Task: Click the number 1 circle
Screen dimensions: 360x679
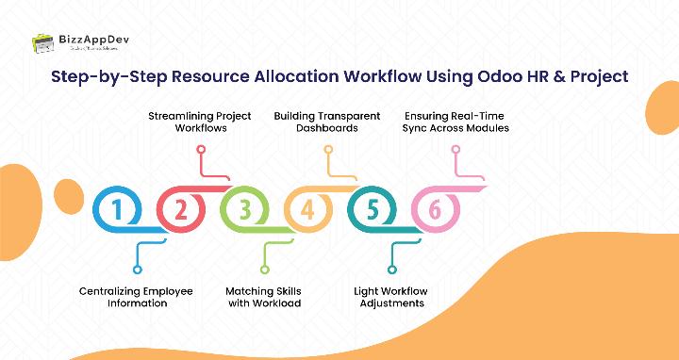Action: pyautogui.click(x=117, y=210)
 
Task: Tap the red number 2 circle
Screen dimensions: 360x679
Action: pyautogui.click(x=181, y=210)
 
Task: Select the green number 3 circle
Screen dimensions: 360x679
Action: pyautogui.click(x=244, y=210)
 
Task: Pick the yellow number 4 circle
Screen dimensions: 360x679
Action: pyautogui.click(x=308, y=210)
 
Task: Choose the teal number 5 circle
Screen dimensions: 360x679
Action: pyautogui.click(x=373, y=210)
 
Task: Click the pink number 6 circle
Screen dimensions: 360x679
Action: pyautogui.click(x=436, y=210)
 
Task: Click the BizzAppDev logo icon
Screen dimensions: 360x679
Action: pyautogui.click(x=42, y=42)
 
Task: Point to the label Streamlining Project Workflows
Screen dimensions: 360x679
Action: pyautogui.click(x=200, y=122)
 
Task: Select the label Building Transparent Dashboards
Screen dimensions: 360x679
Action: pyautogui.click(x=327, y=122)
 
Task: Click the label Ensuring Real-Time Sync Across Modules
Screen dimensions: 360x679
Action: pyautogui.click(x=455, y=122)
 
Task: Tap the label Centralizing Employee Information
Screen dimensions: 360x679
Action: pyautogui.click(x=136, y=297)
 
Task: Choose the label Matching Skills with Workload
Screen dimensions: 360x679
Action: pyautogui.click(x=264, y=297)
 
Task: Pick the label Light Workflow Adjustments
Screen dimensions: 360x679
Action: pyautogui.click(x=391, y=297)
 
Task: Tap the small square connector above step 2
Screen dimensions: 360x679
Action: pyautogui.click(x=200, y=149)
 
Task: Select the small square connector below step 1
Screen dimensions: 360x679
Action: pyautogui.click(x=137, y=244)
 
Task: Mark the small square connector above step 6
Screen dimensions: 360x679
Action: pyautogui.click(x=455, y=149)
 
